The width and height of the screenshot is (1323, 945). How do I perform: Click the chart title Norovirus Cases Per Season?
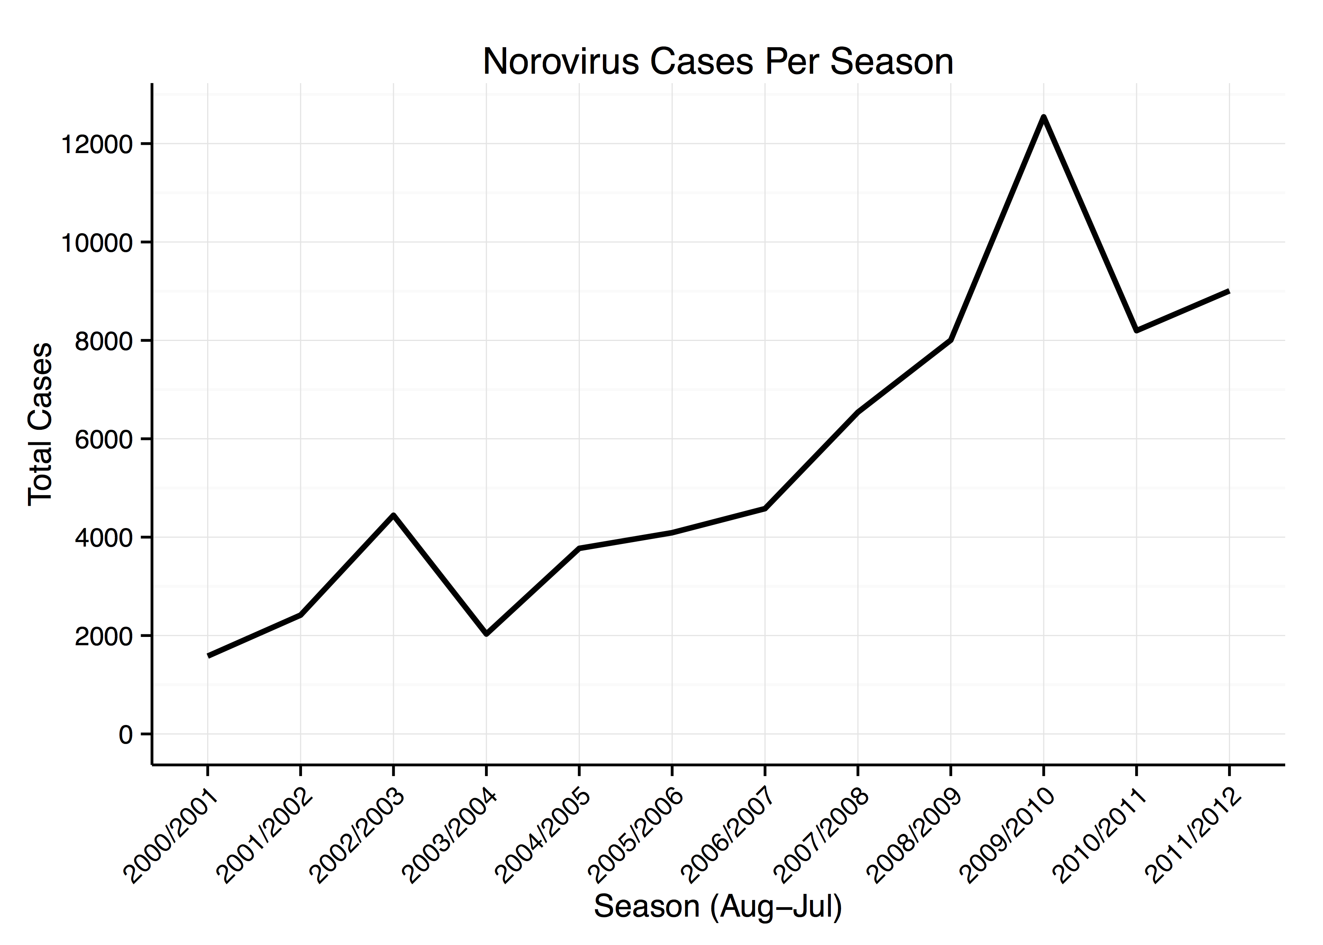(718, 62)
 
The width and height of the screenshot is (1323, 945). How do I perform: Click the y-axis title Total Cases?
(41, 424)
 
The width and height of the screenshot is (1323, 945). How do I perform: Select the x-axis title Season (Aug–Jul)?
(718, 906)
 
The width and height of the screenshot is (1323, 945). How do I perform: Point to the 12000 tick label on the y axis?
(97, 144)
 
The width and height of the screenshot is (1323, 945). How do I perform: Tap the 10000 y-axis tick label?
(97, 243)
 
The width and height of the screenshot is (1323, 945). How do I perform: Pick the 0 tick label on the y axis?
(125, 735)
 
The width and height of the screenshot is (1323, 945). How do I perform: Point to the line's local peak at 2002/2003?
(393, 515)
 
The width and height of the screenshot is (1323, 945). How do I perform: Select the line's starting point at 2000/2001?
(208, 656)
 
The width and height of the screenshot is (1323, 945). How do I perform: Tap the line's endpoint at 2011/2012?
(1229, 291)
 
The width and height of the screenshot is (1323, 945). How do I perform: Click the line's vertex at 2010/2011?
(1136, 330)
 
